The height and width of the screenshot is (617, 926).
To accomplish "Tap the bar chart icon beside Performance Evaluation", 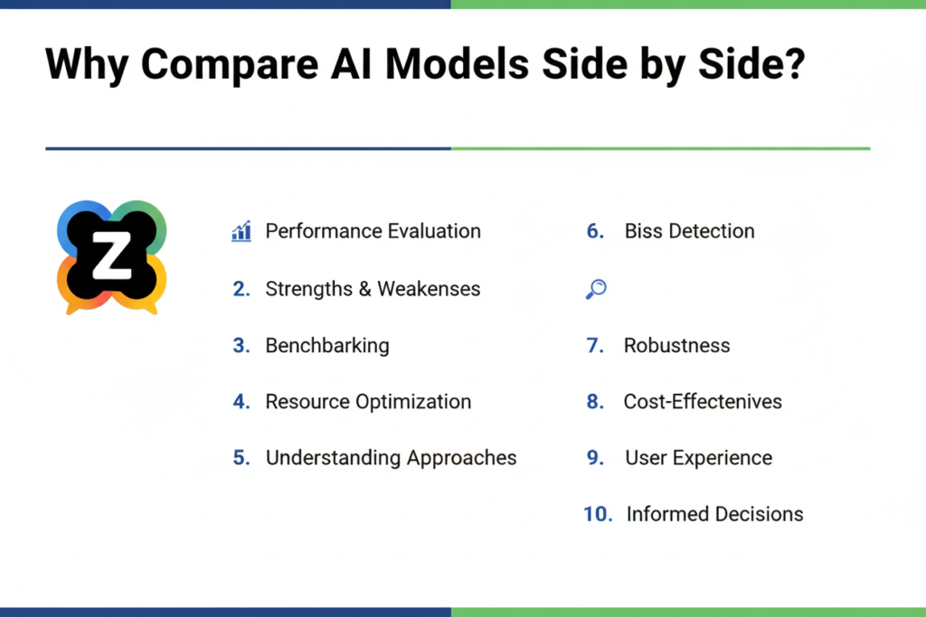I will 241,231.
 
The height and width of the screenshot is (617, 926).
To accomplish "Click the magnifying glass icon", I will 596,289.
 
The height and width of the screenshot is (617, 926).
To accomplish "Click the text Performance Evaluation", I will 373,231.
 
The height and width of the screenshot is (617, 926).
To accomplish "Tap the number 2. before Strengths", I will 241,289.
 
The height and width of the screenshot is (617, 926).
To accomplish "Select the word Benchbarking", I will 326,346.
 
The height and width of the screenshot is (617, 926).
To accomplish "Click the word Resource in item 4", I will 307,402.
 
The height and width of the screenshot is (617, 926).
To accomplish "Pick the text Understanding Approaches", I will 391,458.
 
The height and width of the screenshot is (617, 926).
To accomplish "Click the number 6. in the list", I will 595,231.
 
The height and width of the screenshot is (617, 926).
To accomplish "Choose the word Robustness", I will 676,346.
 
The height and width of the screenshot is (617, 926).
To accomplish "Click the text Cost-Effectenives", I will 703,402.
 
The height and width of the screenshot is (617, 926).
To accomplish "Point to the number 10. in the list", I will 598,514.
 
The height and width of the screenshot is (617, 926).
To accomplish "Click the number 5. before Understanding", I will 241,458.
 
